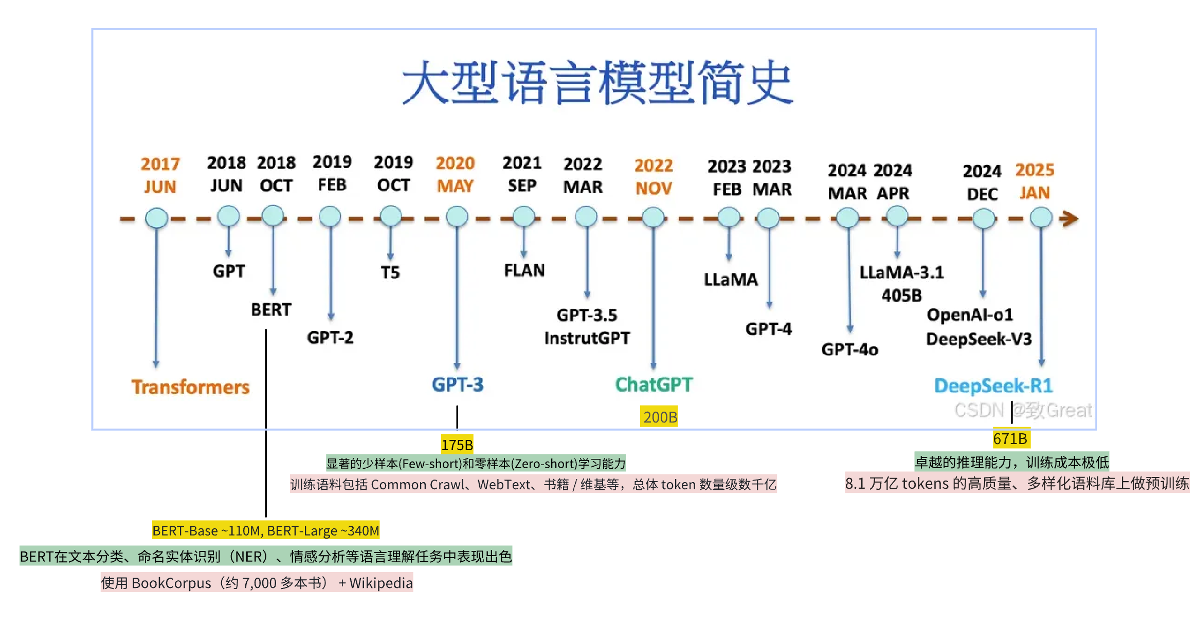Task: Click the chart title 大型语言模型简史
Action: tap(598, 82)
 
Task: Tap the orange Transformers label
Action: tap(190, 387)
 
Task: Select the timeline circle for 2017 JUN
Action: tap(156, 218)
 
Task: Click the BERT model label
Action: tap(271, 309)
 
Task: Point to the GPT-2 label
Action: tap(330, 338)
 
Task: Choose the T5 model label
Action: tap(390, 272)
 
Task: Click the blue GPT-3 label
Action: tap(457, 384)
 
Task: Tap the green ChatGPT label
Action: tap(654, 384)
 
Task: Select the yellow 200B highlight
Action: tap(660, 417)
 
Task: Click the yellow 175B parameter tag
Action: tap(457, 445)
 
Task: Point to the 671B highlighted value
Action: tap(1010, 438)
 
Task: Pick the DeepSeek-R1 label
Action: tap(993, 385)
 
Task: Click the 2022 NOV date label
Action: tap(654, 176)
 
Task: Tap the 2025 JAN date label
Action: tap(1035, 181)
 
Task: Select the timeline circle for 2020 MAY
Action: tap(457, 217)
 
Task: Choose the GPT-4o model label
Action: tap(850, 349)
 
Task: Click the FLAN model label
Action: tap(524, 270)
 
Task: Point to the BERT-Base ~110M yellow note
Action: tap(266, 530)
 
